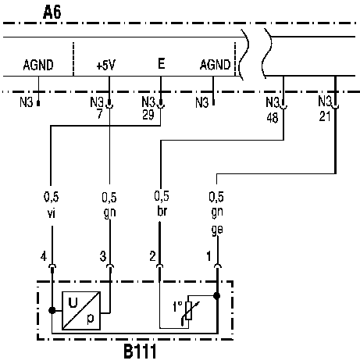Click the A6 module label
pos(52,12)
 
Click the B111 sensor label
pos(140,352)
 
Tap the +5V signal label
pos(105,65)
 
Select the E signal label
pos(162,63)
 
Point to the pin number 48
pos(273,118)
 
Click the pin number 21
pos(325,116)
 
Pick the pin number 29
pos(148,115)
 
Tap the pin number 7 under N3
pos(100,114)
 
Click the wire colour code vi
pos(52,213)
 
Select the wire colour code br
pos(162,211)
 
